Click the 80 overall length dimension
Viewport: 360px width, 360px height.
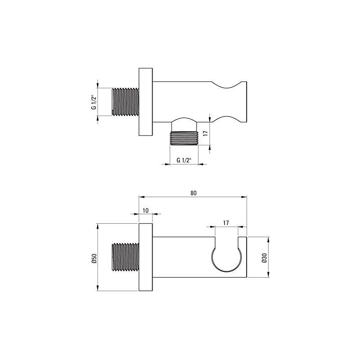(193, 193)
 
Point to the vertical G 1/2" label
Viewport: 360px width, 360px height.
(94, 102)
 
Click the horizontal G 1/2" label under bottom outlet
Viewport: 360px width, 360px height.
(184, 160)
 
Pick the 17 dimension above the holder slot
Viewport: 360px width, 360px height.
(226, 222)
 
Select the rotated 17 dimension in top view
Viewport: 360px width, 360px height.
(205, 133)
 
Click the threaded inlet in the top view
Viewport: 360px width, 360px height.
(125, 102)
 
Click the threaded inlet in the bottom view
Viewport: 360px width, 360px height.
(125, 257)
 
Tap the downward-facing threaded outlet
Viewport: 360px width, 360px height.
(184, 138)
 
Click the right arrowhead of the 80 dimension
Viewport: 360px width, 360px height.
(245, 197)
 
